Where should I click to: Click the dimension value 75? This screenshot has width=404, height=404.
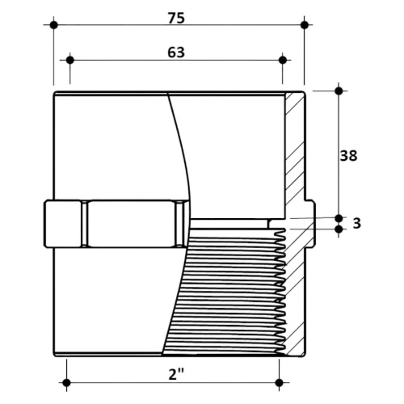coord(176,19)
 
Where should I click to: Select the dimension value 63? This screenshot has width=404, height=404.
coord(176,53)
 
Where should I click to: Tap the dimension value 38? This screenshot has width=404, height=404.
coord(348,156)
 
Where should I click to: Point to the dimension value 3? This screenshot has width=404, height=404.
coord(356,223)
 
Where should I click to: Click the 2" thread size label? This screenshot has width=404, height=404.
coord(176,374)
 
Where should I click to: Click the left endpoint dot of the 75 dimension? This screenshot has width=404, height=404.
coord(54,25)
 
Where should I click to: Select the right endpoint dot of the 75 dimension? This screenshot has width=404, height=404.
coord(305,25)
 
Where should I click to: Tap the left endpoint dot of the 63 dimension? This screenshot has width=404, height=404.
coord(70,60)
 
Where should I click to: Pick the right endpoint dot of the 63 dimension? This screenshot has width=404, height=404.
coord(283,60)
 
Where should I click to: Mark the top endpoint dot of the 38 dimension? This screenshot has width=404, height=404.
coord(339,90)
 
